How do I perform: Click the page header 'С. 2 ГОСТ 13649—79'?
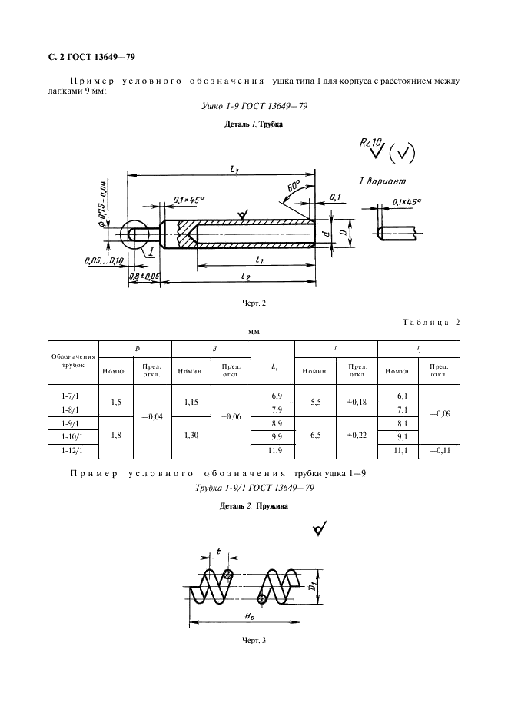(x=87, y=58)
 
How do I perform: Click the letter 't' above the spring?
(x=218, y=552)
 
